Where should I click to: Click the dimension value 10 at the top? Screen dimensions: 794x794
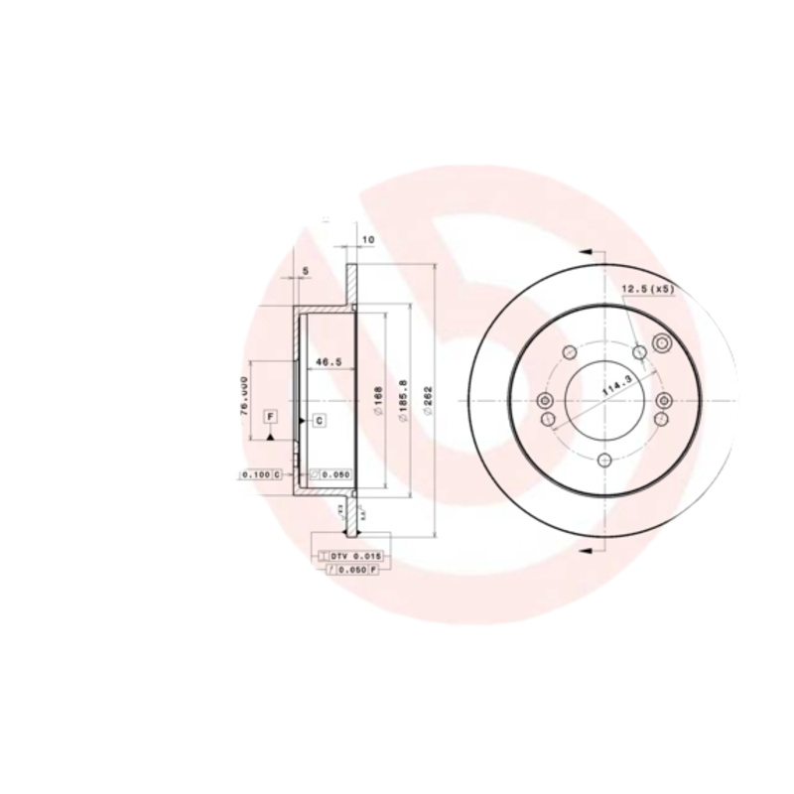(367, 240)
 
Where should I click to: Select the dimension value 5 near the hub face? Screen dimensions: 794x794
(306, 270)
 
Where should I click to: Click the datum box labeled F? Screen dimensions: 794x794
(270, 417)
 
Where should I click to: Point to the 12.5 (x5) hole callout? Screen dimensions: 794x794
(648, 289)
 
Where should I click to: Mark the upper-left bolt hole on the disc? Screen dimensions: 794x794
(569, 352)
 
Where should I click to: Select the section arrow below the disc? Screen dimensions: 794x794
(585, 549)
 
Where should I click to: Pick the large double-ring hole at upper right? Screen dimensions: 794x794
(662, 344)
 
